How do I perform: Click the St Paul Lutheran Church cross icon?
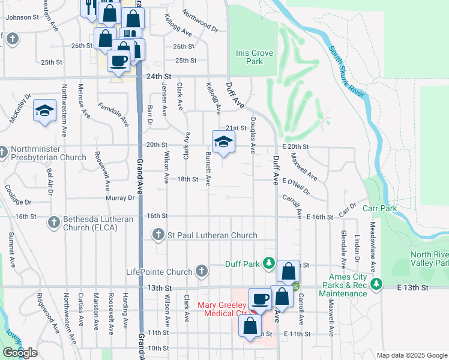pyautogui.click(x=158, y=235)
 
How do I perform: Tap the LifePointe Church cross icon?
pyautogui.click(x=201, y=272)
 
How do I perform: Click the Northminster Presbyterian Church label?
pyautogui.click(x=48, y=152)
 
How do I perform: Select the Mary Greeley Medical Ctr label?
pyautogui.click(x=225, y=309)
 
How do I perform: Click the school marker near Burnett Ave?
pyautogui.click(x=222, y=143)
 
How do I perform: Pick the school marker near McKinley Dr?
pyautogui.click(x=44, y=111)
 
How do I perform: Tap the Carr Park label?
pyautogui.click(x=380, y=208)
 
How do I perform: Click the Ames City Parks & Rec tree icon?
pyautogui.click(x=376, y=283)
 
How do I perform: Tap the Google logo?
pyautogui.click(x=19, y=353)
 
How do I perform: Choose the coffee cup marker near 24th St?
pyautogui.click(x=118, y=60)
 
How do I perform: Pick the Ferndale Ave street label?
pyautogui.click(x=113, y=114)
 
